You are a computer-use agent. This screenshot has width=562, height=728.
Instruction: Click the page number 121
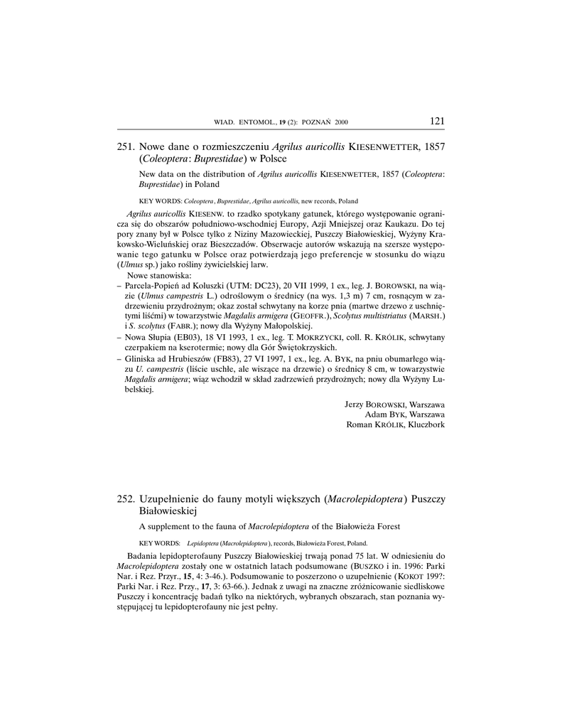point(437,121)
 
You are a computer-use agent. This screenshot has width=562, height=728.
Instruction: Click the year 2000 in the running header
point(342,122)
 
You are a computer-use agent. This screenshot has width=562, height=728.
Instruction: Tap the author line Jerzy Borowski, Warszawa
point(394,404)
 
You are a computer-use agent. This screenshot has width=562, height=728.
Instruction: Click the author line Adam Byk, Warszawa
point(404,414)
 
